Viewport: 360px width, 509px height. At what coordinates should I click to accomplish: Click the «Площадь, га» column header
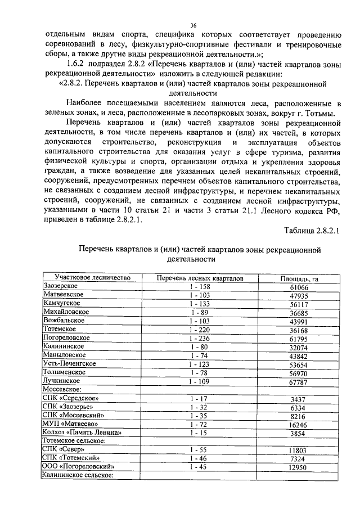(x=300, y=278)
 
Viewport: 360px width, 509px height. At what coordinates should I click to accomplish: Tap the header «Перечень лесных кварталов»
(x=200, y=278)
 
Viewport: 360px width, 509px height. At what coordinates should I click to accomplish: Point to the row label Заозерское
(x=61, y=286)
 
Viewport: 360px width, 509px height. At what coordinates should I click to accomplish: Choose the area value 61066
(x=300, y=287)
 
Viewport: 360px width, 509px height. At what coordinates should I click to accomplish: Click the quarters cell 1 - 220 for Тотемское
(x=200, y=329)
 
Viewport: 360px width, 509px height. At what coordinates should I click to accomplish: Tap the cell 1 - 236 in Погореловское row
(x=200, y=338)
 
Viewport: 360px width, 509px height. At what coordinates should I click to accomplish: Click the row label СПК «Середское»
(x=68, y=398)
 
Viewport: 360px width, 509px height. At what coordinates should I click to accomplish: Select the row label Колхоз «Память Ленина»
(x=82, y=432)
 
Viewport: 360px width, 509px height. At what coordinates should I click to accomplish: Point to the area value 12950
(x=300, y=467)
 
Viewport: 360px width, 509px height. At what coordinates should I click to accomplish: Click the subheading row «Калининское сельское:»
(x=78, y=475)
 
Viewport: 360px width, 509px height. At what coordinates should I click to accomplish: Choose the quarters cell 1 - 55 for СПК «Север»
(x=200, y=449)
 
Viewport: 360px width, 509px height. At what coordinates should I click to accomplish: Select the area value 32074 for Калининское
(x=300, y=346)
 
